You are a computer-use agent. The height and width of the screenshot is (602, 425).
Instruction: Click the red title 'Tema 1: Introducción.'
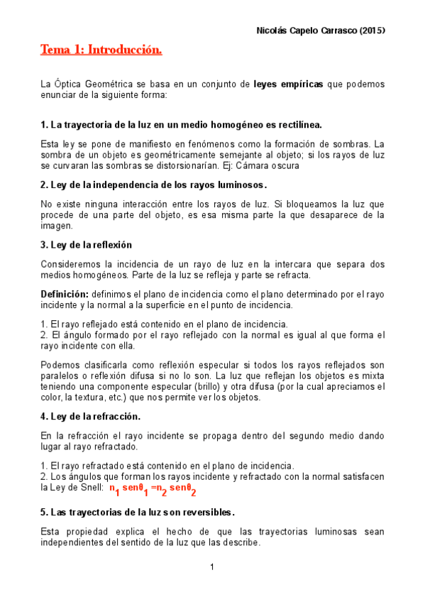click(x=101, y=50)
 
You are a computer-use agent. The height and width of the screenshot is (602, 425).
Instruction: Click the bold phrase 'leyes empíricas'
click(x=288, y=84)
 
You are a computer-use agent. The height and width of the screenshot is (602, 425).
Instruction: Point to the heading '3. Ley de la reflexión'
click(x=87, y=245)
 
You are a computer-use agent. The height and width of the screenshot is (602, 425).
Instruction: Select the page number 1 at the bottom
click(x=212, y=567)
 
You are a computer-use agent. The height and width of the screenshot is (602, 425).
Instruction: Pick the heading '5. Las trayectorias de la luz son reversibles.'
click(x=138, y=512)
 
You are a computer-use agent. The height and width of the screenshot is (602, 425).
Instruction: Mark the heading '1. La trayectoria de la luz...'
click(x=181, y=125)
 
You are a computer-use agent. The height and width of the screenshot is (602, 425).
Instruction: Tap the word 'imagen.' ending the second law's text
click(x=57, y=226)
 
